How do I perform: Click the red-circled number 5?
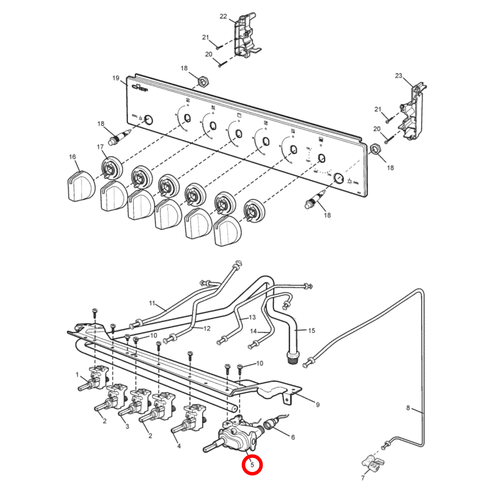(252, 465)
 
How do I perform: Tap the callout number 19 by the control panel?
(116, 78)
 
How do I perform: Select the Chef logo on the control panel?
(140, 87)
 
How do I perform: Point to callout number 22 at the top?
(223, 16)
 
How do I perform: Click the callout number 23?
(398, 76)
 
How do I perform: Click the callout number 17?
(100, 147)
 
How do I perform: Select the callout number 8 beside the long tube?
(408, 408)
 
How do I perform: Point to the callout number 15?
(311, 330)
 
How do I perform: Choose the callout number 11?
(152, 303)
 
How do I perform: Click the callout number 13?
(252, 317)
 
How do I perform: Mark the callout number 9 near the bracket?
(318, 405)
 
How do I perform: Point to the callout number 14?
(253, 331)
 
